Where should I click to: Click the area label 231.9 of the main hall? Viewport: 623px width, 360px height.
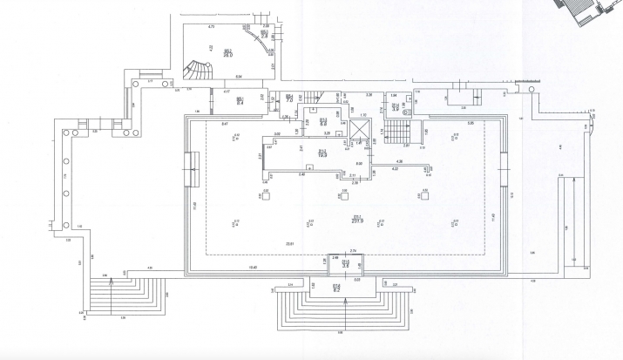pyautogui.click(x=356, y=221)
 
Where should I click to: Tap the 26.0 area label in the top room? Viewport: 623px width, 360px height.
pyautogui.click(x=227, y=53)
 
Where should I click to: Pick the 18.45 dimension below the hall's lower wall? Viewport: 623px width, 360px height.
pyautogui.click(x=254, y=267)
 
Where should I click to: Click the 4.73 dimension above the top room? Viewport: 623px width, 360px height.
pyautogui.click(x=211, y=27)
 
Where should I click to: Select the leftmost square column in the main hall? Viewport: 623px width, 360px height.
pyautogui.click(x=265, y=195)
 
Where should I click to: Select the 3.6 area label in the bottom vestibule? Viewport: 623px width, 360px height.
pyautogui.click(x=345, y=262)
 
